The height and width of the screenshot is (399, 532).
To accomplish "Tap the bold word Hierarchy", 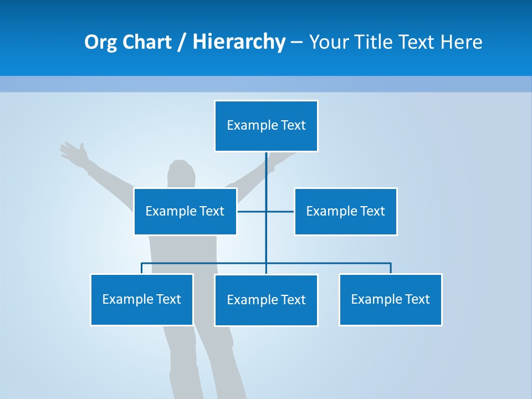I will point(239,42).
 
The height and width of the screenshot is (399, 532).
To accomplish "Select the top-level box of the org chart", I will point(266,126).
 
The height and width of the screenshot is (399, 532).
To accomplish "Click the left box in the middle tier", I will point(185,211).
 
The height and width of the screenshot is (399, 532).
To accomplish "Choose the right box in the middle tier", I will point(345,211).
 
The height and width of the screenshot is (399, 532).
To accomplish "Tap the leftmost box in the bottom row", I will point(141,299).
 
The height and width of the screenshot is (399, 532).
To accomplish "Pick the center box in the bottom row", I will point(266,300).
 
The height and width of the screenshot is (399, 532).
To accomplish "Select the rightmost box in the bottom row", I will point(390,299).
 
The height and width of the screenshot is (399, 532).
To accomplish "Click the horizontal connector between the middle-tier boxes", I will point(280,211).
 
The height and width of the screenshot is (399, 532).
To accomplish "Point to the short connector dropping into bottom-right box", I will point(391,268).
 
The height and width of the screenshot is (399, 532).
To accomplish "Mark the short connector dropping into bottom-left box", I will point(142,268).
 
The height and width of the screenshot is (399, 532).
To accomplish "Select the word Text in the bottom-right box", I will point(416,299).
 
